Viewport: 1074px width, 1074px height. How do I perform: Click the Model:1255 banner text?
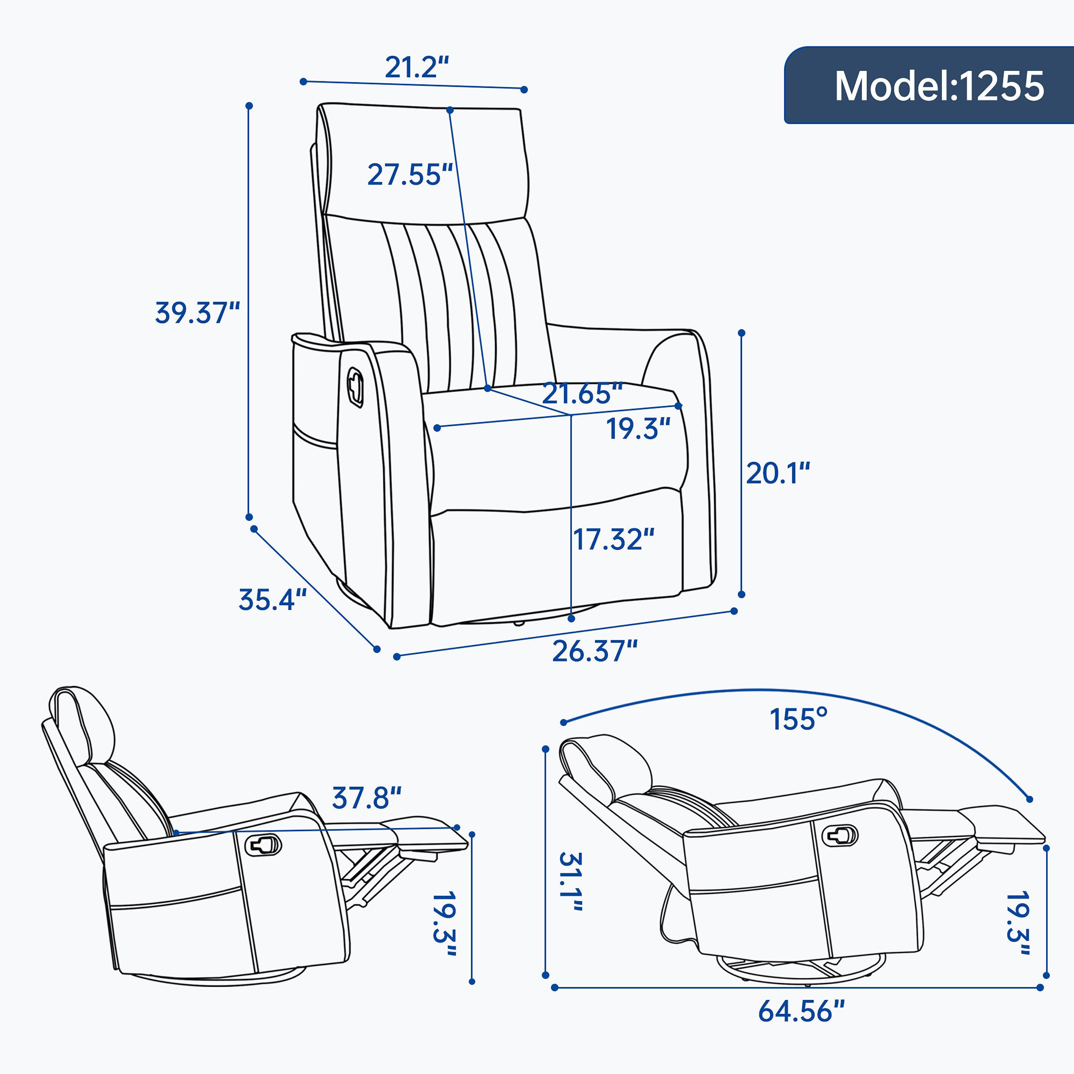(x=939, y=86)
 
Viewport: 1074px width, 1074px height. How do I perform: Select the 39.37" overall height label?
(x=197, y=313)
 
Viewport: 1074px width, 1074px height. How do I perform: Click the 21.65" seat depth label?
(x=581, y=393)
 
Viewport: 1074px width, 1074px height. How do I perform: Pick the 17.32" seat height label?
(x=613, y=539)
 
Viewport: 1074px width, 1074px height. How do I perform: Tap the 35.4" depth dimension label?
(x=272, y=600)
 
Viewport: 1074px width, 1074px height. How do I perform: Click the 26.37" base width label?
(x=594, y=651)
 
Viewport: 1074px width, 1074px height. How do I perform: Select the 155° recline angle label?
(x=798, y=719)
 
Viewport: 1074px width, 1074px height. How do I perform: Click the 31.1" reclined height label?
(x=571, y=881)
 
